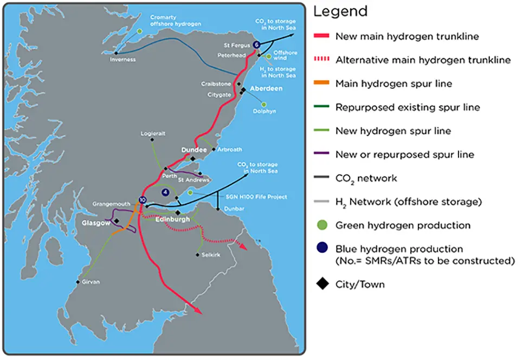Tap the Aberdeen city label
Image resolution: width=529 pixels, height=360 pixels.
tap(267, 88)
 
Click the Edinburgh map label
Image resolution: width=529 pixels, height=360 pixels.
tap(172, 220)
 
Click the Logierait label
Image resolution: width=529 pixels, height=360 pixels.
tap(152, 133)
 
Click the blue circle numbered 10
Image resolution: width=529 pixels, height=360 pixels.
tap(143, 200)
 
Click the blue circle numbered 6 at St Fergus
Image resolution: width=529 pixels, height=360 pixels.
tap(256, 44)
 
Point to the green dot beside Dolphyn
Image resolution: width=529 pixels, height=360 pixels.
tap(264, 104)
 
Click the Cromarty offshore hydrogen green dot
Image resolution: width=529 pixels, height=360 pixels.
tap(140, 31)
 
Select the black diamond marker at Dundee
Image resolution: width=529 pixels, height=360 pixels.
tap(193, 159)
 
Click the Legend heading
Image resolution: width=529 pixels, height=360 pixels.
tap(340, 11)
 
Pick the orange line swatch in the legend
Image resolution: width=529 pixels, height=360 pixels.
tap(322, 83)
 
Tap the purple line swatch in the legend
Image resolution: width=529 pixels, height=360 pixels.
tap(322, 155)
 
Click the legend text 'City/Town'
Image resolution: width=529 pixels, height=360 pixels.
tap(360, 284)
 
